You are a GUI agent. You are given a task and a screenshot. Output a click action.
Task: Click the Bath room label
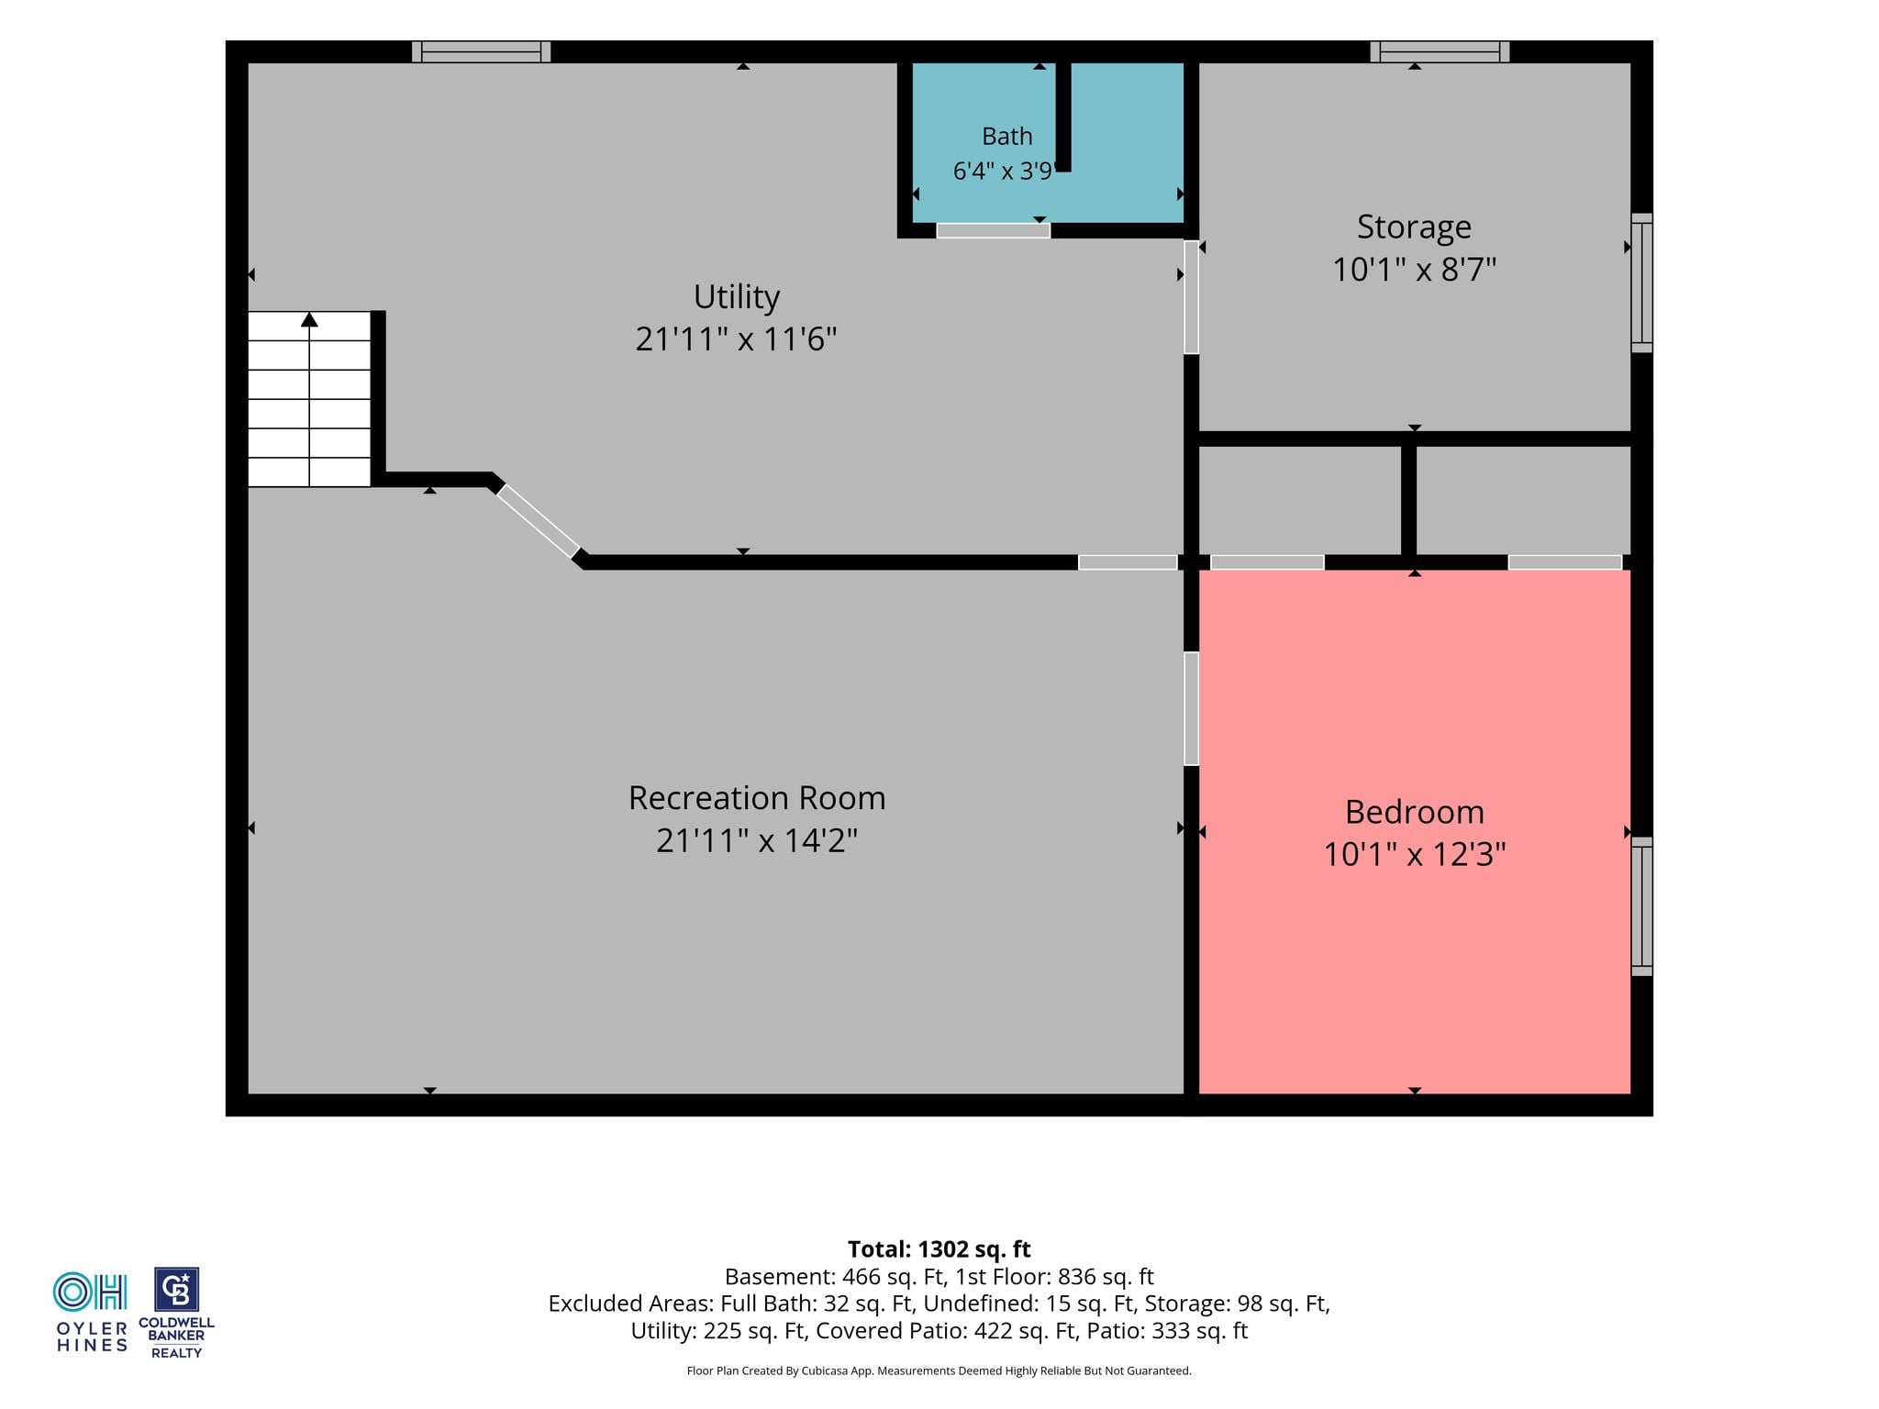[x=1006, y=137]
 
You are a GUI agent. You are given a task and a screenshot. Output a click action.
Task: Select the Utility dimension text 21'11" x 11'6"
[x=736, y=339]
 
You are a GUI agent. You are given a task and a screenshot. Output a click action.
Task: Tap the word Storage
[x=1414, y=227]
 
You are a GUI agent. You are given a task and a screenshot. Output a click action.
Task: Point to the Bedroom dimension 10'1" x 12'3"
[x=1414, y=855]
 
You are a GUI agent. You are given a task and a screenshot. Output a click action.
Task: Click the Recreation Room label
[x=757, y=798]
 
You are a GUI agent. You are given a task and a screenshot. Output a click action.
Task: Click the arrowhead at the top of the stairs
[x=309, y=319]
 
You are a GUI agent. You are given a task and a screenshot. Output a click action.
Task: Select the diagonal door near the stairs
[x=539, y=520]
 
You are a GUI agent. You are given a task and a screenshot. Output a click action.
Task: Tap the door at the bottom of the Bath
[x=993, y=231]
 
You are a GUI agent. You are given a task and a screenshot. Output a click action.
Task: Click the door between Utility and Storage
[x=1191, y=297]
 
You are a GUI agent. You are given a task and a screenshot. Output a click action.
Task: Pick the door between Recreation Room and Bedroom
[x=1191, y=708]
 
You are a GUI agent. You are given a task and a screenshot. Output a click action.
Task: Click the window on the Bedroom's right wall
[x=1641, y=906]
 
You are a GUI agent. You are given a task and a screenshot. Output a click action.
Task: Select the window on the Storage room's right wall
[x=1641, y=283]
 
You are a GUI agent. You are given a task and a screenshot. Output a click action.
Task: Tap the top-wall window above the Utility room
[x=481, y=52]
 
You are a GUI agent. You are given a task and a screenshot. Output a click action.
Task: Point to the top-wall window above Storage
[x=1440, y=52]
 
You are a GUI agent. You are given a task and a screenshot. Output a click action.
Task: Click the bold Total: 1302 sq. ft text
[x=939, y=1249]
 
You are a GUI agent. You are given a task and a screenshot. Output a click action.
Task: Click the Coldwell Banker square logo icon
[x=176, y=1290]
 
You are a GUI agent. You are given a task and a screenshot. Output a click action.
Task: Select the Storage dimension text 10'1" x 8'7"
[x=1414, y=270]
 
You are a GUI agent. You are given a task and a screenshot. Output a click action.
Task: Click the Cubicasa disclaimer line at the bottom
[x=939, y=1371]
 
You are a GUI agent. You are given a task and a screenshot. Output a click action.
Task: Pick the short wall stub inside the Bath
[x=1063, y=116]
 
